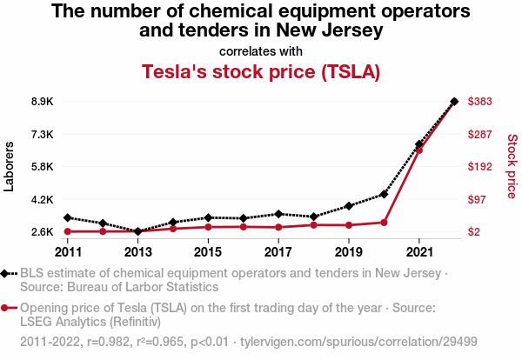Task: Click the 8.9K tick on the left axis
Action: pyautogui.click(x=42, y=102)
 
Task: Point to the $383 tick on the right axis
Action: pyautogui.click(x=481, y=102)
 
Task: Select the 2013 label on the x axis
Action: pyautogui.click(x=138, y=252)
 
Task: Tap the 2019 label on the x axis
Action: pyautogui.click(x=348, y=252)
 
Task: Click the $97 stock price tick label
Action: pyautogui.click(x=478, y=200)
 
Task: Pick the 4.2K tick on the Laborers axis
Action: pyautogui.click(x=42, y=200)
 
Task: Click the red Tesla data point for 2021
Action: pyautogui.click(x=418, y=150)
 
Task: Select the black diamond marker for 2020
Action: pyautogui.click(x=384, y=194)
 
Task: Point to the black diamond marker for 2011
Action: pyautogui.click(x=68, y=217)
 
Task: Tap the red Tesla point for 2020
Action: pyautogui.click(x=384, y=223)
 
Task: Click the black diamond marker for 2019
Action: pyautogui.click(x=348, y=206)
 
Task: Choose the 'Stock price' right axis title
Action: pyautogui.click(x=512, y=165)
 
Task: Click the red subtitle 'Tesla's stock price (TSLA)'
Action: pyautogui.click(x=261, y=71)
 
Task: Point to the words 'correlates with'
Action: pyautogui.click(x=261, y=50)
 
